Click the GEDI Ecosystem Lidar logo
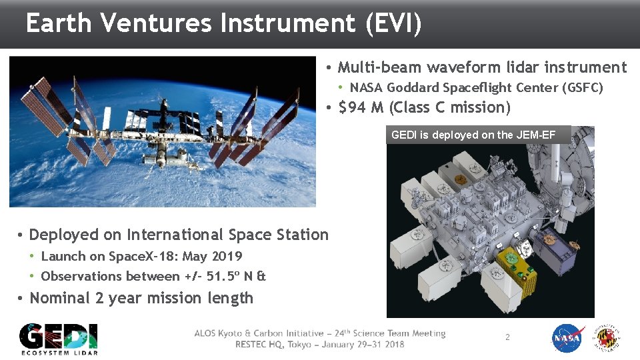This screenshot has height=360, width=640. (x=58, y=339)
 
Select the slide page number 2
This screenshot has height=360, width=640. (x=507, y=337)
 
